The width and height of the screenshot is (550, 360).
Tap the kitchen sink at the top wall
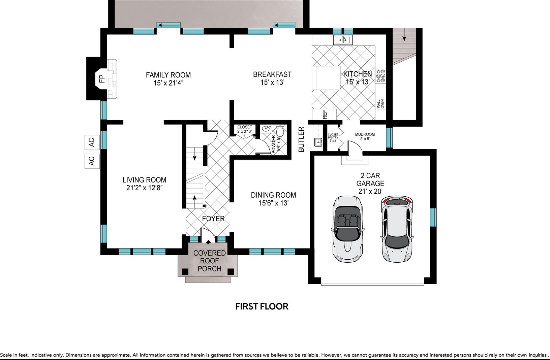click(343, 40)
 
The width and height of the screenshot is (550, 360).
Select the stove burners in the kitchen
click(381, 76)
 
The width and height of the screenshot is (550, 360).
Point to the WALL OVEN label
click(380, 104)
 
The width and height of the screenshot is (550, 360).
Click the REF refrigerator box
click(324, 114)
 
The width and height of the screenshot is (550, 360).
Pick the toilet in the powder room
click(280, 130)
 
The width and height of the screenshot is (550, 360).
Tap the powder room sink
click(266, 128)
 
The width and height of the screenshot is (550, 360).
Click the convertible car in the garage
click(347, 229)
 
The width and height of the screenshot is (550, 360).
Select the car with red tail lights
click(397, 229)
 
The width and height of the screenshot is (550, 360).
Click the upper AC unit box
click(92, 142)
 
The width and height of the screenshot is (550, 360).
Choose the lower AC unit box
click(92, 161)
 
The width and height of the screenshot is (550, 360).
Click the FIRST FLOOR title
click(262, 306)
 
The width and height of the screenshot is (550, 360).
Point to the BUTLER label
click(301, 139)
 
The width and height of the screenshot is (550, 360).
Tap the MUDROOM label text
click(365, 134)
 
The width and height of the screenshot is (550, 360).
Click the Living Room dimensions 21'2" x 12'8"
click(144, 188)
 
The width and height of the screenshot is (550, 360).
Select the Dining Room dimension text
click(274, 203)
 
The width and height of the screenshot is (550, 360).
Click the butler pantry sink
click(318, 142)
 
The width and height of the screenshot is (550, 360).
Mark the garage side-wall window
click(433, 217)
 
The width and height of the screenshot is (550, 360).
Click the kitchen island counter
click(326, 78)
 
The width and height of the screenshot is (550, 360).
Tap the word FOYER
click(213, 219)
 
